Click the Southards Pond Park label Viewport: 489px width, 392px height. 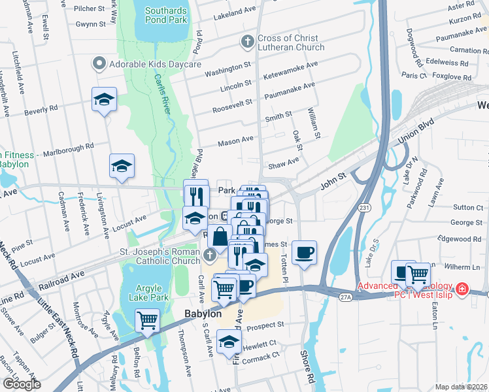(166, 15)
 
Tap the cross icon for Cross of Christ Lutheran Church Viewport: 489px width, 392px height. (247, 42)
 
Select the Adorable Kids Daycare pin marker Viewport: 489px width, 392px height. (99, 64)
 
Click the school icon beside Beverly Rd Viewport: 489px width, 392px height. (104, 99)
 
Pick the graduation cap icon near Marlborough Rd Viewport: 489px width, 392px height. (122, 167)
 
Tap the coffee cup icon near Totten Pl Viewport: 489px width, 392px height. (304, 252)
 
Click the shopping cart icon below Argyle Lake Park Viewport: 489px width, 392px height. (148, 321)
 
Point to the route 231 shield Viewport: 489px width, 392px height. (364, 208)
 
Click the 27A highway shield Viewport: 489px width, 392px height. (345, 297)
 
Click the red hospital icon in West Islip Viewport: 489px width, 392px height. (462, 288)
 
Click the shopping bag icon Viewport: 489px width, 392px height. (220, 238)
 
